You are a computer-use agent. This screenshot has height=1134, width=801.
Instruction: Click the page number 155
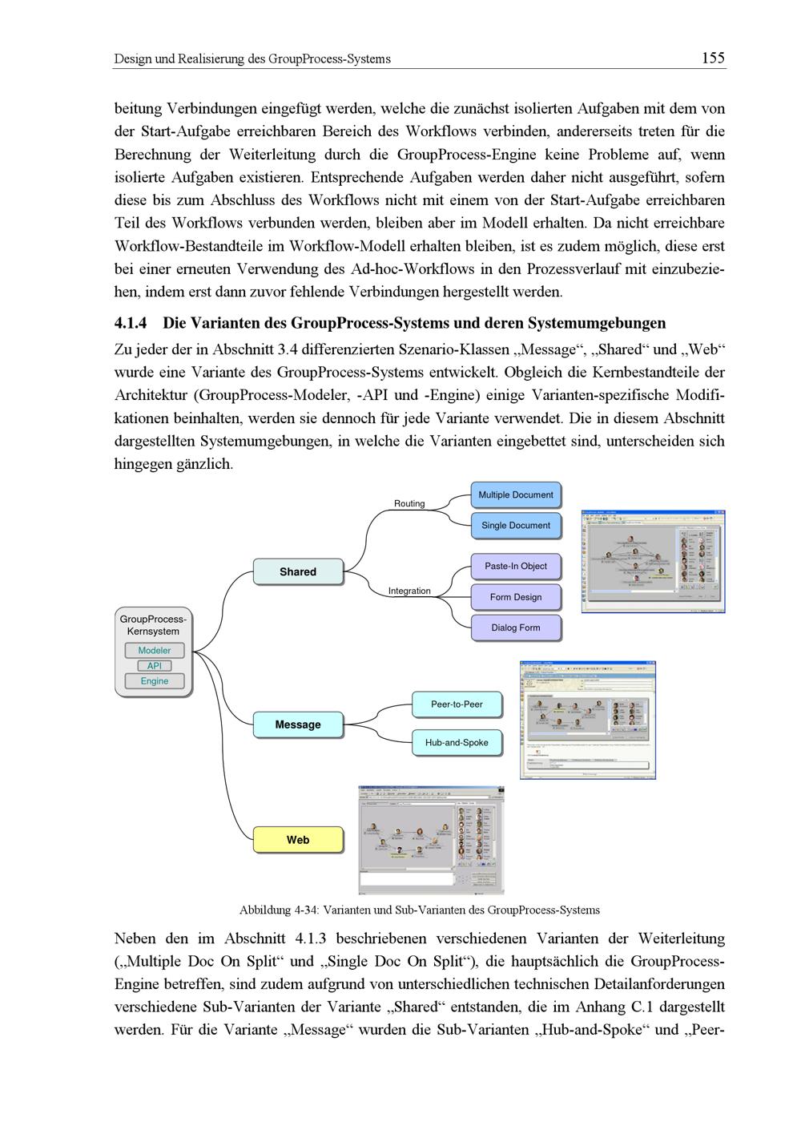point(712,58)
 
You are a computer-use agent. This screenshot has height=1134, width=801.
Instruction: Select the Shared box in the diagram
point(298,571)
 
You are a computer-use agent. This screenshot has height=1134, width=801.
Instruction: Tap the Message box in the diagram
point(298,724)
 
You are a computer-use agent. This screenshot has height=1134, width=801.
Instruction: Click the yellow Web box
point(298,840)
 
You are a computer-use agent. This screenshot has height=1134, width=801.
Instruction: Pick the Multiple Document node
point(516,495)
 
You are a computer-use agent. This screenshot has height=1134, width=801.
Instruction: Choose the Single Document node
point(516,526)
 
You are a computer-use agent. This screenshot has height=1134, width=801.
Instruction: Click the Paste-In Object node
point(516,566)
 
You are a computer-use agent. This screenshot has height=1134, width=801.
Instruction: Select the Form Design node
point(516,597)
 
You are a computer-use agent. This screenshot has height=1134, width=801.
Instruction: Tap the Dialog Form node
point(516,628)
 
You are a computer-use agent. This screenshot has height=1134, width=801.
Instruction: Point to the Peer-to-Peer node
point(457,704)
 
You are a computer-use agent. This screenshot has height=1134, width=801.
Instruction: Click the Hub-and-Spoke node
point(457,743)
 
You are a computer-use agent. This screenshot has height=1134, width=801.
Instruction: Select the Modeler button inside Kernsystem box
point(155,651)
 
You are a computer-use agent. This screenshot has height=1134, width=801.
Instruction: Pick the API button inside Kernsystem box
point(155,666)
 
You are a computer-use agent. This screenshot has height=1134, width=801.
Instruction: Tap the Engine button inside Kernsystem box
point(155,681)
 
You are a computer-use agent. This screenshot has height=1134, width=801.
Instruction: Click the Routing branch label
point(409,503)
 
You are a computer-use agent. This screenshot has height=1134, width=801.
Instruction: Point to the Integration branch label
point(409,591)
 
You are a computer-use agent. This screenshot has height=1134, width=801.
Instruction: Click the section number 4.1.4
point(131,323)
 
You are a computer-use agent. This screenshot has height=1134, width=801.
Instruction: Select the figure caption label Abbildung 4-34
point(280,910)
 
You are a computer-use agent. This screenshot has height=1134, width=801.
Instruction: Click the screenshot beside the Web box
point(431,839)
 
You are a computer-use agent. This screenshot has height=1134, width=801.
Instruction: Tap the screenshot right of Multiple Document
point(653,561)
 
